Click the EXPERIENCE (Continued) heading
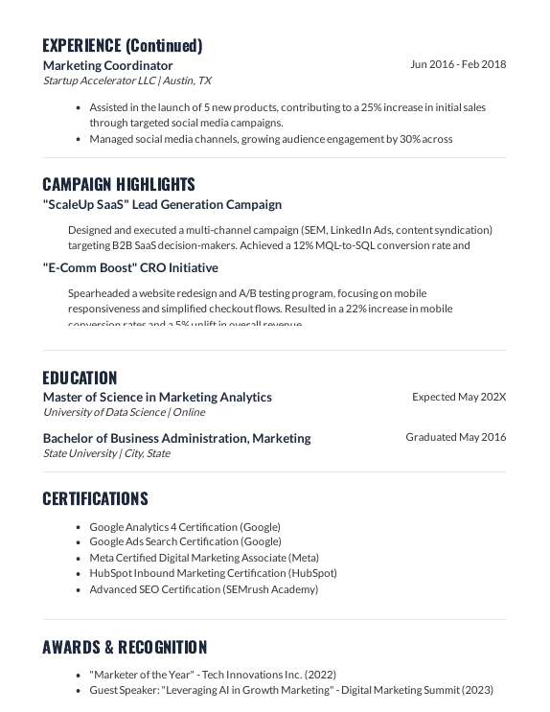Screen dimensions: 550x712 123,45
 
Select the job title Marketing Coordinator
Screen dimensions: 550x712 108,65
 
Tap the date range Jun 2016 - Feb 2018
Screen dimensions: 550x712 458,64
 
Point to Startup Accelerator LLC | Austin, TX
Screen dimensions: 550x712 127,80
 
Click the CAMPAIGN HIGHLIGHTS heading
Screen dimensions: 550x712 119,184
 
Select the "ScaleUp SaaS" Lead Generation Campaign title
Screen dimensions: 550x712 162,204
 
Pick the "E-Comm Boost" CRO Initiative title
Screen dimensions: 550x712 130,267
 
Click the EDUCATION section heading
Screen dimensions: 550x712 80,378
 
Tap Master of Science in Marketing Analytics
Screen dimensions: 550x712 157,397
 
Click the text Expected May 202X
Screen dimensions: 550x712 459,397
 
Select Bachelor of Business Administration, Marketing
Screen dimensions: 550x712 176,438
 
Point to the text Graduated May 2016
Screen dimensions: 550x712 455,437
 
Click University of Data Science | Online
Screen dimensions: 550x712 124,412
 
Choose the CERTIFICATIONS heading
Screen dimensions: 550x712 95,498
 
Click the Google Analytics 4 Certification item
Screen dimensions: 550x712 185,526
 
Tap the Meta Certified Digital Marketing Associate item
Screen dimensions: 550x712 204,557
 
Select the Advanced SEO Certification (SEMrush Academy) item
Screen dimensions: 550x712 203,588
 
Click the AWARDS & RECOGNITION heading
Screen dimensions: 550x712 125,647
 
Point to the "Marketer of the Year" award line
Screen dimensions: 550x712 213,674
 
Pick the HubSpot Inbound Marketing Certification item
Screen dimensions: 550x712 213,573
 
